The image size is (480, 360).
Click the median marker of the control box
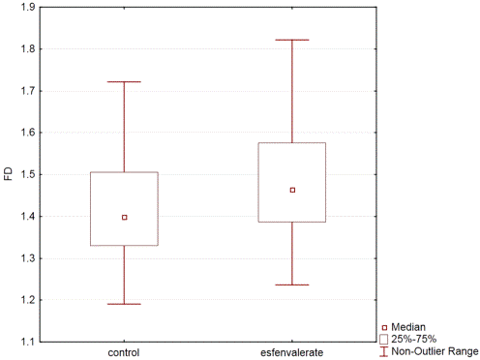coord(125,218)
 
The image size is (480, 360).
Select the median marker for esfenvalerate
coord(292,190)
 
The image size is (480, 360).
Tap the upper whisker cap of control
coord(124,81)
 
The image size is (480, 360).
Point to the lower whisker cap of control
coord(124,304)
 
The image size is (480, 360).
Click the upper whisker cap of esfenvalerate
coord(292,40)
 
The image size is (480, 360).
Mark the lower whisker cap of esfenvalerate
coord(292,285)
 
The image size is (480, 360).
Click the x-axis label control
coord(124,352)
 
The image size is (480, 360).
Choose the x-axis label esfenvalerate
coord(292,352)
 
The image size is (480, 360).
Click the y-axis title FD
coord(9,174)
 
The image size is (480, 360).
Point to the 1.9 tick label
coord(28,7)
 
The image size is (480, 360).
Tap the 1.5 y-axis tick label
coord(28,174)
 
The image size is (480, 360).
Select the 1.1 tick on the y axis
coord(28,342)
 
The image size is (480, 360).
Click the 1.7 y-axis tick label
coord(28,91)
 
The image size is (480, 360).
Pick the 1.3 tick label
coord(28,258)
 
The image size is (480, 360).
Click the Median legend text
coord(408,327)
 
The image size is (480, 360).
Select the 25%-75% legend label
coord(414,339)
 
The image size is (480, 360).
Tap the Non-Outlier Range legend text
coord(435,351)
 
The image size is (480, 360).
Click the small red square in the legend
coord(384,328)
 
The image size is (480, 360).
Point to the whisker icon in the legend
coord(383,351)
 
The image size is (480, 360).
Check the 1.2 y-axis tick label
coord(28,300)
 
